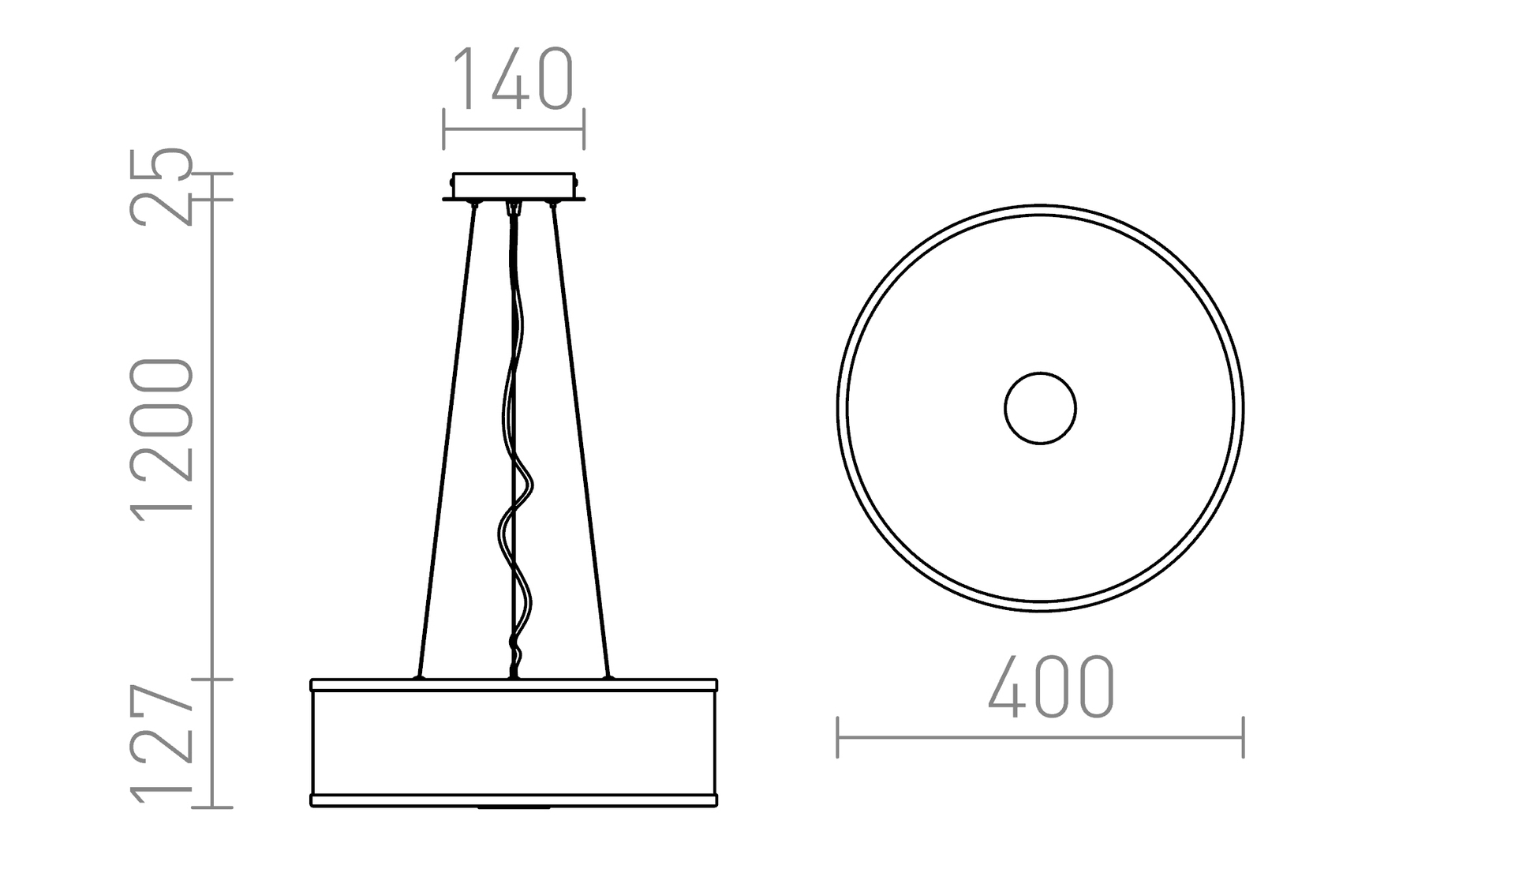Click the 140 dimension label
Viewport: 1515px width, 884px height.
tap(514, 79)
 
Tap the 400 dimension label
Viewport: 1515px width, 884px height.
tap(1050, 687)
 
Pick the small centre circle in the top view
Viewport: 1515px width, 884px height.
tap(1040, 408)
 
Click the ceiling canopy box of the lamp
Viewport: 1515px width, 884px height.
tap(514, 185)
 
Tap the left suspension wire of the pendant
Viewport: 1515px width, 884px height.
tap(447, 442)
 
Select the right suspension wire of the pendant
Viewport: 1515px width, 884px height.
tap(580, 442)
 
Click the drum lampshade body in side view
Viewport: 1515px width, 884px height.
tap(514, 742)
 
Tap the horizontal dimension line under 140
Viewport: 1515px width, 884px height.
tap(514, 129)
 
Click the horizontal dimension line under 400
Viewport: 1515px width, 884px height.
tap(1040, 737)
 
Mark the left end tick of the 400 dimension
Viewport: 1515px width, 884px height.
tap(837, 737)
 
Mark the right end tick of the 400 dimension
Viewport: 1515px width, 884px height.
tap(1244, 737)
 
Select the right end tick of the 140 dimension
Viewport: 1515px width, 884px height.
tap(584, 129)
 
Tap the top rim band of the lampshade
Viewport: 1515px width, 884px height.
tap(514, 685)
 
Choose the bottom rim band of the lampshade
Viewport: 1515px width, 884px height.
tap(514, 800)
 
